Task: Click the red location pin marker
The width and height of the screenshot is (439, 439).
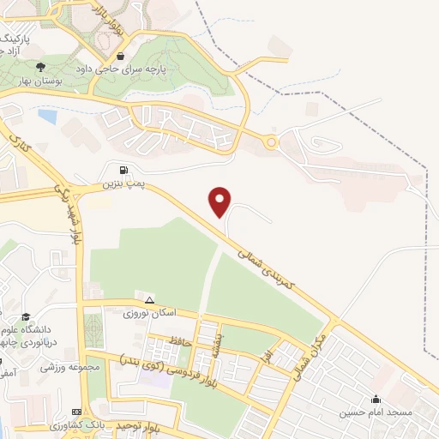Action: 221,201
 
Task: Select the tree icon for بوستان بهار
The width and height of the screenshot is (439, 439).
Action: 39,67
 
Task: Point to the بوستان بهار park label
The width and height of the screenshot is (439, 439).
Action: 39,81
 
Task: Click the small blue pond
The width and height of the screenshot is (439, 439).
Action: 48,115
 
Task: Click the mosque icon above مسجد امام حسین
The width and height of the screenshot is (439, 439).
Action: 376,398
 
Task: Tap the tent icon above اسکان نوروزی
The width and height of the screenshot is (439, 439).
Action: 150,300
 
